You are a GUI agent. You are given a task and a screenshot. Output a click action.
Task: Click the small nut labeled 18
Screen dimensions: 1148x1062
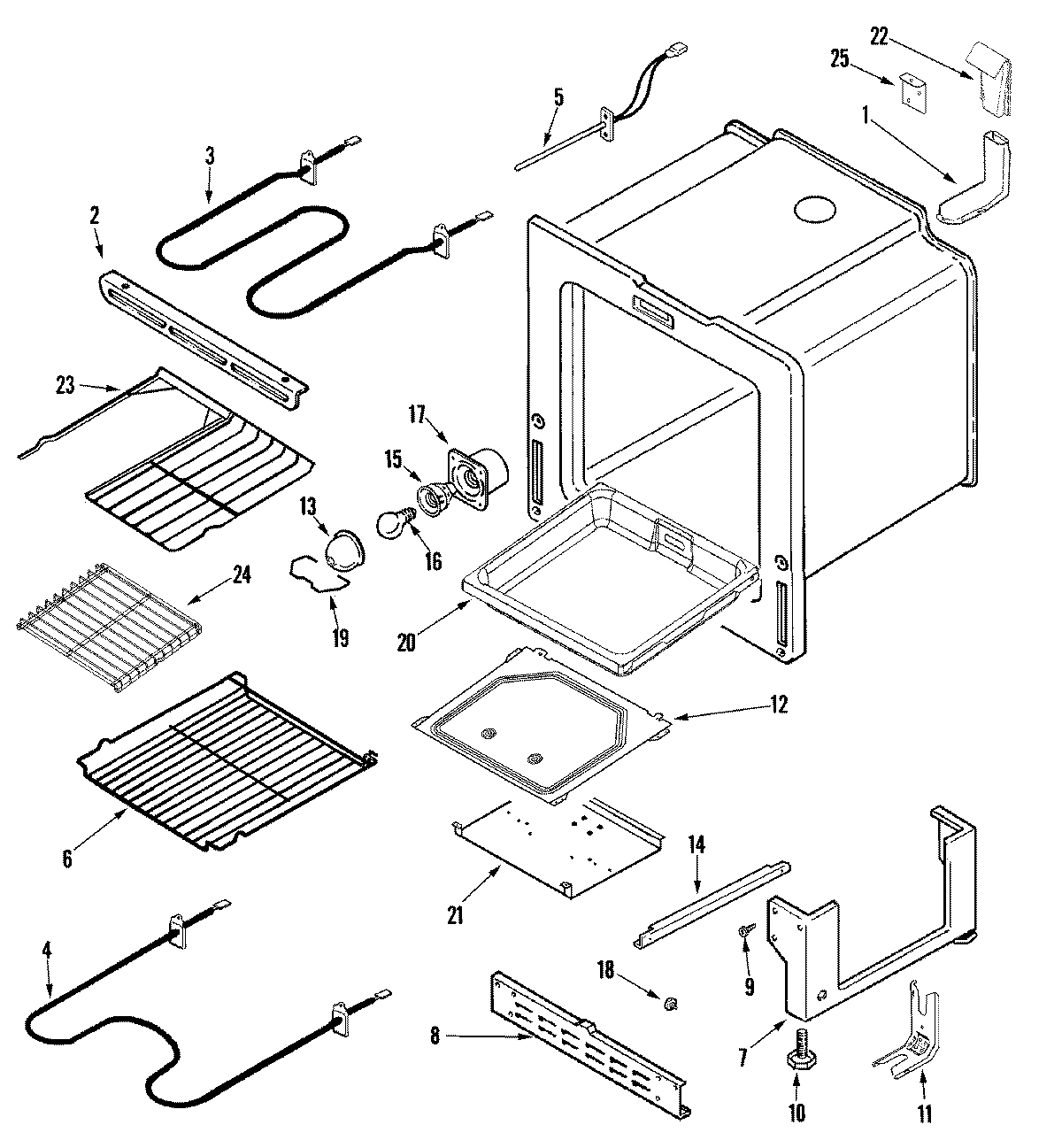point(671,1003)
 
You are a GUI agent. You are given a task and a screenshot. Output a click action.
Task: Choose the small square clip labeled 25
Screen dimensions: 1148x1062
point(912,89)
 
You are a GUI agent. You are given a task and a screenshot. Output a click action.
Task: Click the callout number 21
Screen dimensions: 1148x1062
point(455,916)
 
